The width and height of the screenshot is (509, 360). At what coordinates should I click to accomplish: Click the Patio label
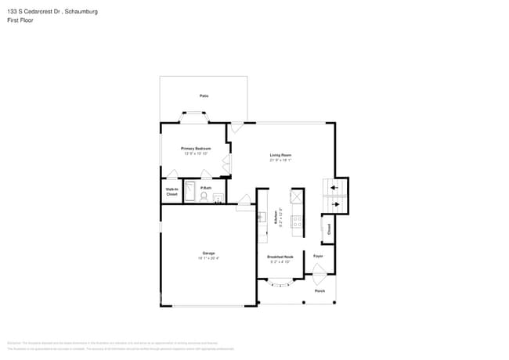pyautogui.click(x=204, y=96)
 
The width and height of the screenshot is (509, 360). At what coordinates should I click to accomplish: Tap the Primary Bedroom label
pyautogui.click(x=196, y=148)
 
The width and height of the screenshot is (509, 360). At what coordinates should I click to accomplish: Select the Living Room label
pyautogui.click(x=280, y=155)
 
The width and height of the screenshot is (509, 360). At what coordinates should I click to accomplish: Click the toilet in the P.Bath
pyautogui.click(x=204, y=197)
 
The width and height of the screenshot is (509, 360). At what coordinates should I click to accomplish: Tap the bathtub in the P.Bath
pyautogui.click(x=189, y=193)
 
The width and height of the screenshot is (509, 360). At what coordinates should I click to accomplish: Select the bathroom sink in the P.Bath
pyautogui.click(x=218, y=197)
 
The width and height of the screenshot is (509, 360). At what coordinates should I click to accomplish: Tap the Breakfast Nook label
pyautogui.click(x=280, y=257)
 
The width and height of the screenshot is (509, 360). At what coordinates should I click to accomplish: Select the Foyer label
pyautogui.click(x=319, y=256)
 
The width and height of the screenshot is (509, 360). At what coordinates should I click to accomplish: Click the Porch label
pyautogui.click(x=319, y=291)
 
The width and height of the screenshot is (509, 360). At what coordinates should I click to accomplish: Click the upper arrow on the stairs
pyautogui.click(x=335, y=188)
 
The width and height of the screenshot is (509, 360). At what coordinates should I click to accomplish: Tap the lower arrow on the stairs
pyautogui.click(x=335, y=205)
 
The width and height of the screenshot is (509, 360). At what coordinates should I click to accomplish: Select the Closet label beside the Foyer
pyautogui.click(x=329, y=230)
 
